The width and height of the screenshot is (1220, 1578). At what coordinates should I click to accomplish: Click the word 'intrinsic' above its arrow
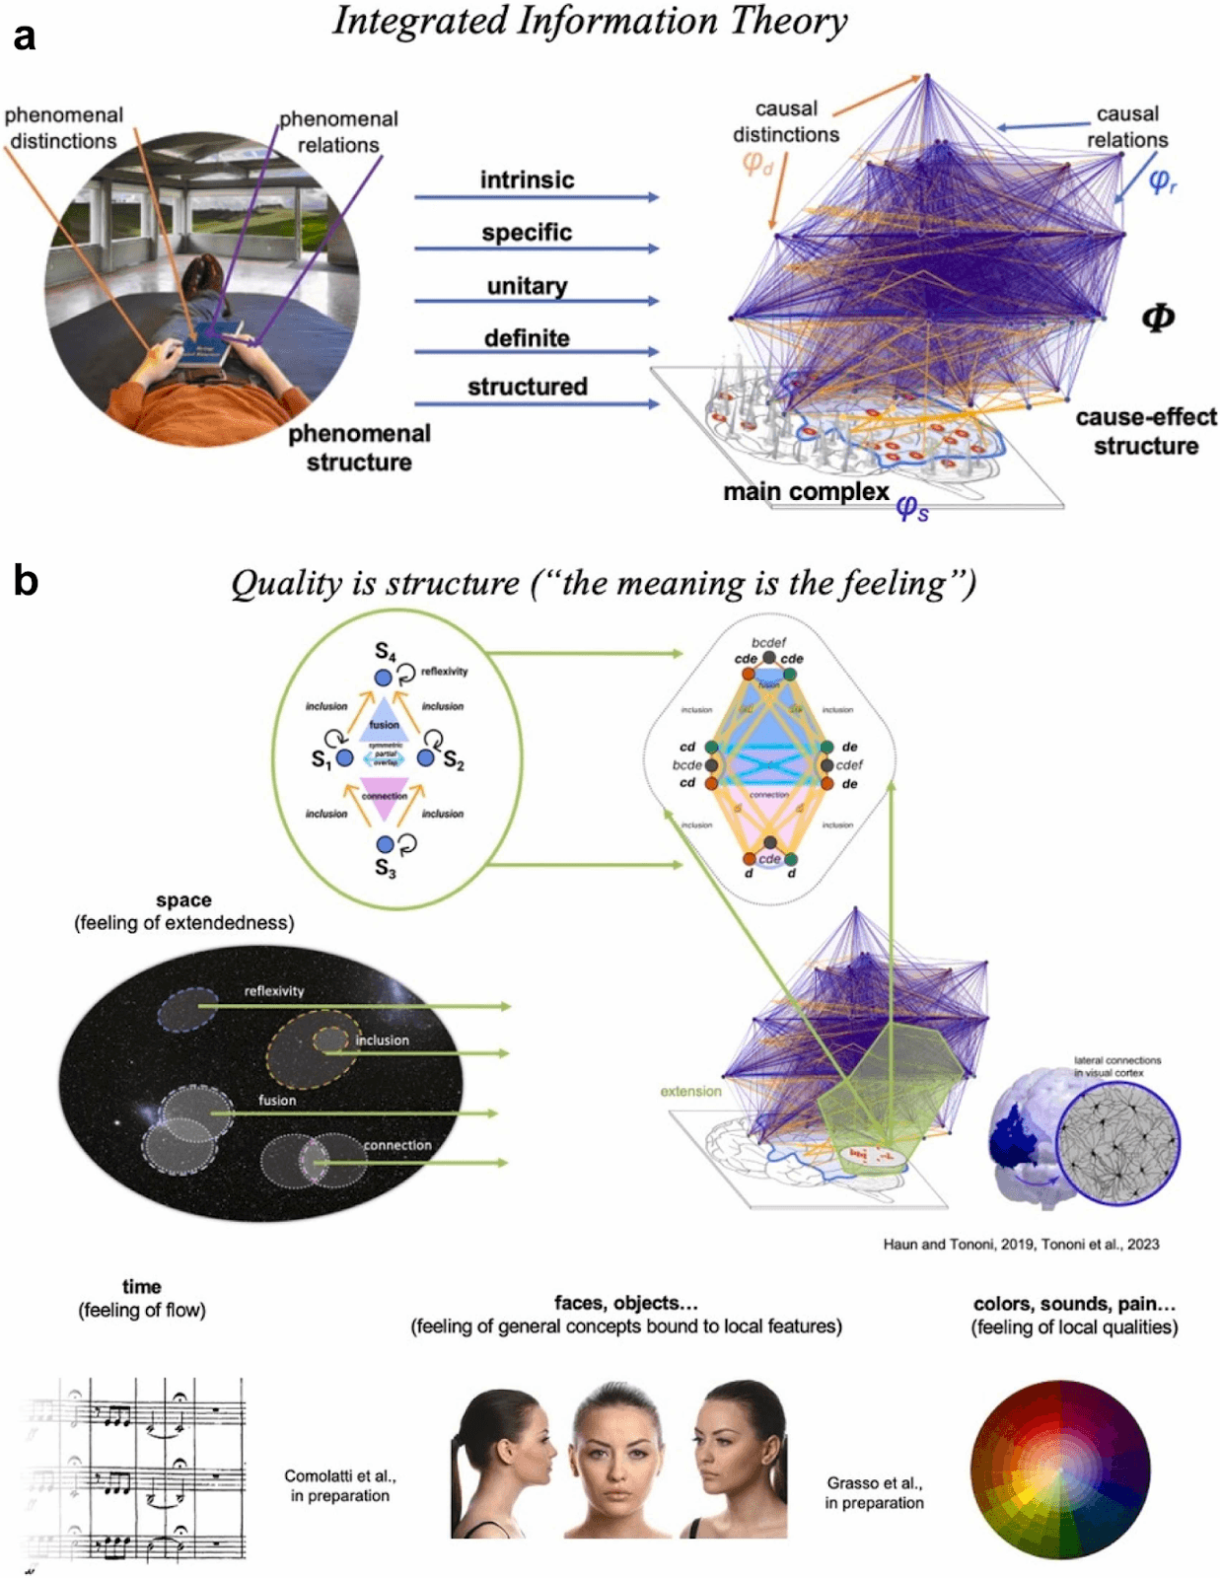click(x=527, y=179)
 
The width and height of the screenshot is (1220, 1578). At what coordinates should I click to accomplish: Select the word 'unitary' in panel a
click(x=527, y=286)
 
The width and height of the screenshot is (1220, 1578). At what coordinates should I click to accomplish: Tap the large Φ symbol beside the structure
click(x=1157, y=318)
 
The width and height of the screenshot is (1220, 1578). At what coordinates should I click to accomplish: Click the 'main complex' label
click(x=806, y=491)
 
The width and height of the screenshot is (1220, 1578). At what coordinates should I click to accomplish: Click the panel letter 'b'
click(x=26, y=581)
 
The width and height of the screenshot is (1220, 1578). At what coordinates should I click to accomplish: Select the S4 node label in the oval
click(x=385, y=652)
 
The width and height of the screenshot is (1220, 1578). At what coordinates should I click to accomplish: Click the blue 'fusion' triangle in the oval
click(x=384, y=718)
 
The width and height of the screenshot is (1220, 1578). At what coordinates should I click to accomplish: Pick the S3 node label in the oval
click(x=385, y=867)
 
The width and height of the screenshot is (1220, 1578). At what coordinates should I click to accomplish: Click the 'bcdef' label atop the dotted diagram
click(x=768, y=642)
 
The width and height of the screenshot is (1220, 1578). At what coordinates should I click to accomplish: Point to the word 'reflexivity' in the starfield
click(x=274, y=991)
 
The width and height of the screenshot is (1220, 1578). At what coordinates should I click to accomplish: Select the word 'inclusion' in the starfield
click(x=382, y=1040)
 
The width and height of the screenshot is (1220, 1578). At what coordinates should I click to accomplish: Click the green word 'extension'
click(x=690, y=1091)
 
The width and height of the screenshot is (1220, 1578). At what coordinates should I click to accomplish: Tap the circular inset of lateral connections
click(x=1117, y=1144)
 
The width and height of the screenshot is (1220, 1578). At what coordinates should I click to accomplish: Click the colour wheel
click(x=1059, y=1470)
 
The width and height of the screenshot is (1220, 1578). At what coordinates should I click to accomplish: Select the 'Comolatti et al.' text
click(x=339, y=1476)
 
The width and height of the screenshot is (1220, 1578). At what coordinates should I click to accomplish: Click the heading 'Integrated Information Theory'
click(x=590, y=22)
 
